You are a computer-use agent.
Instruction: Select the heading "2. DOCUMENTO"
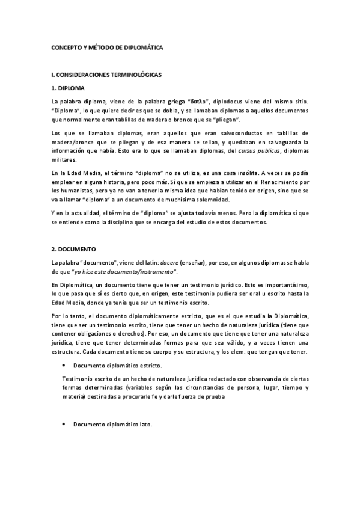74,248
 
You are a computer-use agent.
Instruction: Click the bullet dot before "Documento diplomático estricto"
64,366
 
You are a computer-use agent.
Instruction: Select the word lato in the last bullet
147,425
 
